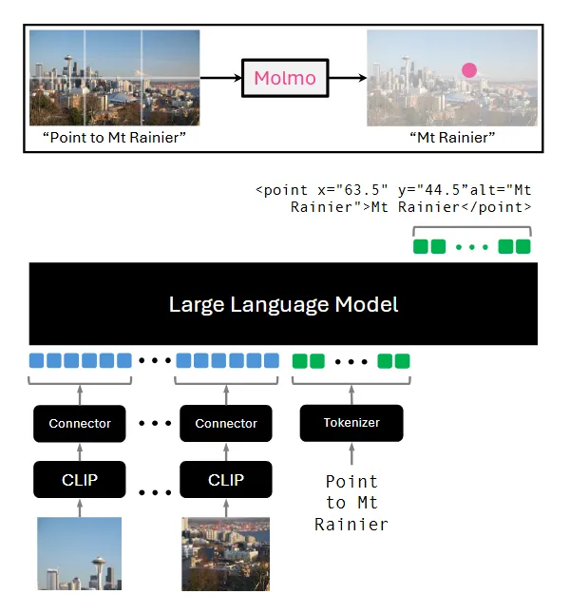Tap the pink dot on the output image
click(x=468, y=69)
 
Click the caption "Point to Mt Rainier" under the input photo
click(x=114, y=139)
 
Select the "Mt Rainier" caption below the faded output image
click(x=452, y=139)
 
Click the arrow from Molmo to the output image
click(x=347, y=78)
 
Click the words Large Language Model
click(x=283, y=305)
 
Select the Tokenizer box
click(x=351, y=423)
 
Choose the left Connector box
click(x=80, y=423)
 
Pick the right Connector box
click(x=226, y=423)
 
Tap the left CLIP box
click(x=80, y=480)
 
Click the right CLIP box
click(x=226, y=480)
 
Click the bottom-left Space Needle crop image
click(x=80, y=553)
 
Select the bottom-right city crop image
click(x=226, y=553)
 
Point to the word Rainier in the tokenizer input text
click(x=351, y=525)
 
